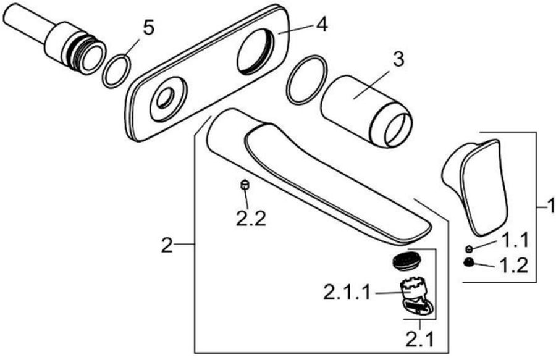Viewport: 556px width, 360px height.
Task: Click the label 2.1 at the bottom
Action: (421, 338)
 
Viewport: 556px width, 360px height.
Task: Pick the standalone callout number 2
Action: (166, 246)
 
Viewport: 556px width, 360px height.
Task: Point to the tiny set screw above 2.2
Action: (244, 184)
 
